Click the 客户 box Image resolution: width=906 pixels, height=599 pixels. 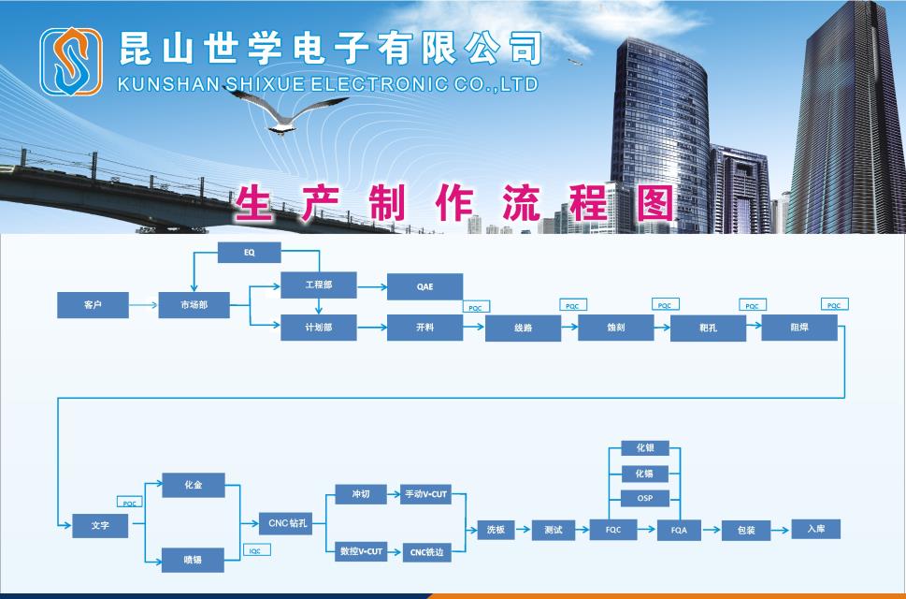point(93,305)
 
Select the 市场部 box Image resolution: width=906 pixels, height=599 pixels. point(194,305)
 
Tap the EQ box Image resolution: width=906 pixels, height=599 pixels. point(250,253)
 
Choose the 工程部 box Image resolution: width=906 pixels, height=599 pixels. point(319,285)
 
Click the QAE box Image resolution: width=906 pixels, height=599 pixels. point(424,286)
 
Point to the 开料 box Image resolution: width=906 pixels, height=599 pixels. point(424,328)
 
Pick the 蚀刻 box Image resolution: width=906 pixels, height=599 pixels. point(615,328)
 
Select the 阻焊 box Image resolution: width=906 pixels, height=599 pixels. point(799,328)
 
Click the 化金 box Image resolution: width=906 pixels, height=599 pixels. point(194,486)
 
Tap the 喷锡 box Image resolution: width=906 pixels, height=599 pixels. point(194,560)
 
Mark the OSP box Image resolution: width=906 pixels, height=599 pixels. point(645,498)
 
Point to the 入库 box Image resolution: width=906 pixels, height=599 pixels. point(816,529)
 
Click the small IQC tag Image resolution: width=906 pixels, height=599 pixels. point(254,551)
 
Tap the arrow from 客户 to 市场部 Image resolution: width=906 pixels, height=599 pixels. point(142,305)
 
